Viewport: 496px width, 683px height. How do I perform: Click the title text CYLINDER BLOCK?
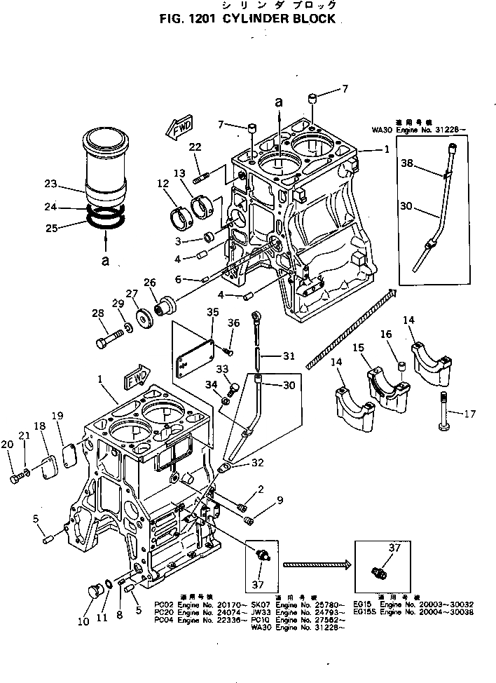[281, 19]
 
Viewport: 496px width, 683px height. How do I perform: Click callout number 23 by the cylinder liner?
[50, 185]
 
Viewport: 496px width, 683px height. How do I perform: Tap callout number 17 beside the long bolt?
[469, 414]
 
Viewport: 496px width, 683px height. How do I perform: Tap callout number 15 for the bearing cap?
[359, 349]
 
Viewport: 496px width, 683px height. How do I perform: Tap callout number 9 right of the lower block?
[280, 500]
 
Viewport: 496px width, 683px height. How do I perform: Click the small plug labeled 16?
[402, 367]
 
